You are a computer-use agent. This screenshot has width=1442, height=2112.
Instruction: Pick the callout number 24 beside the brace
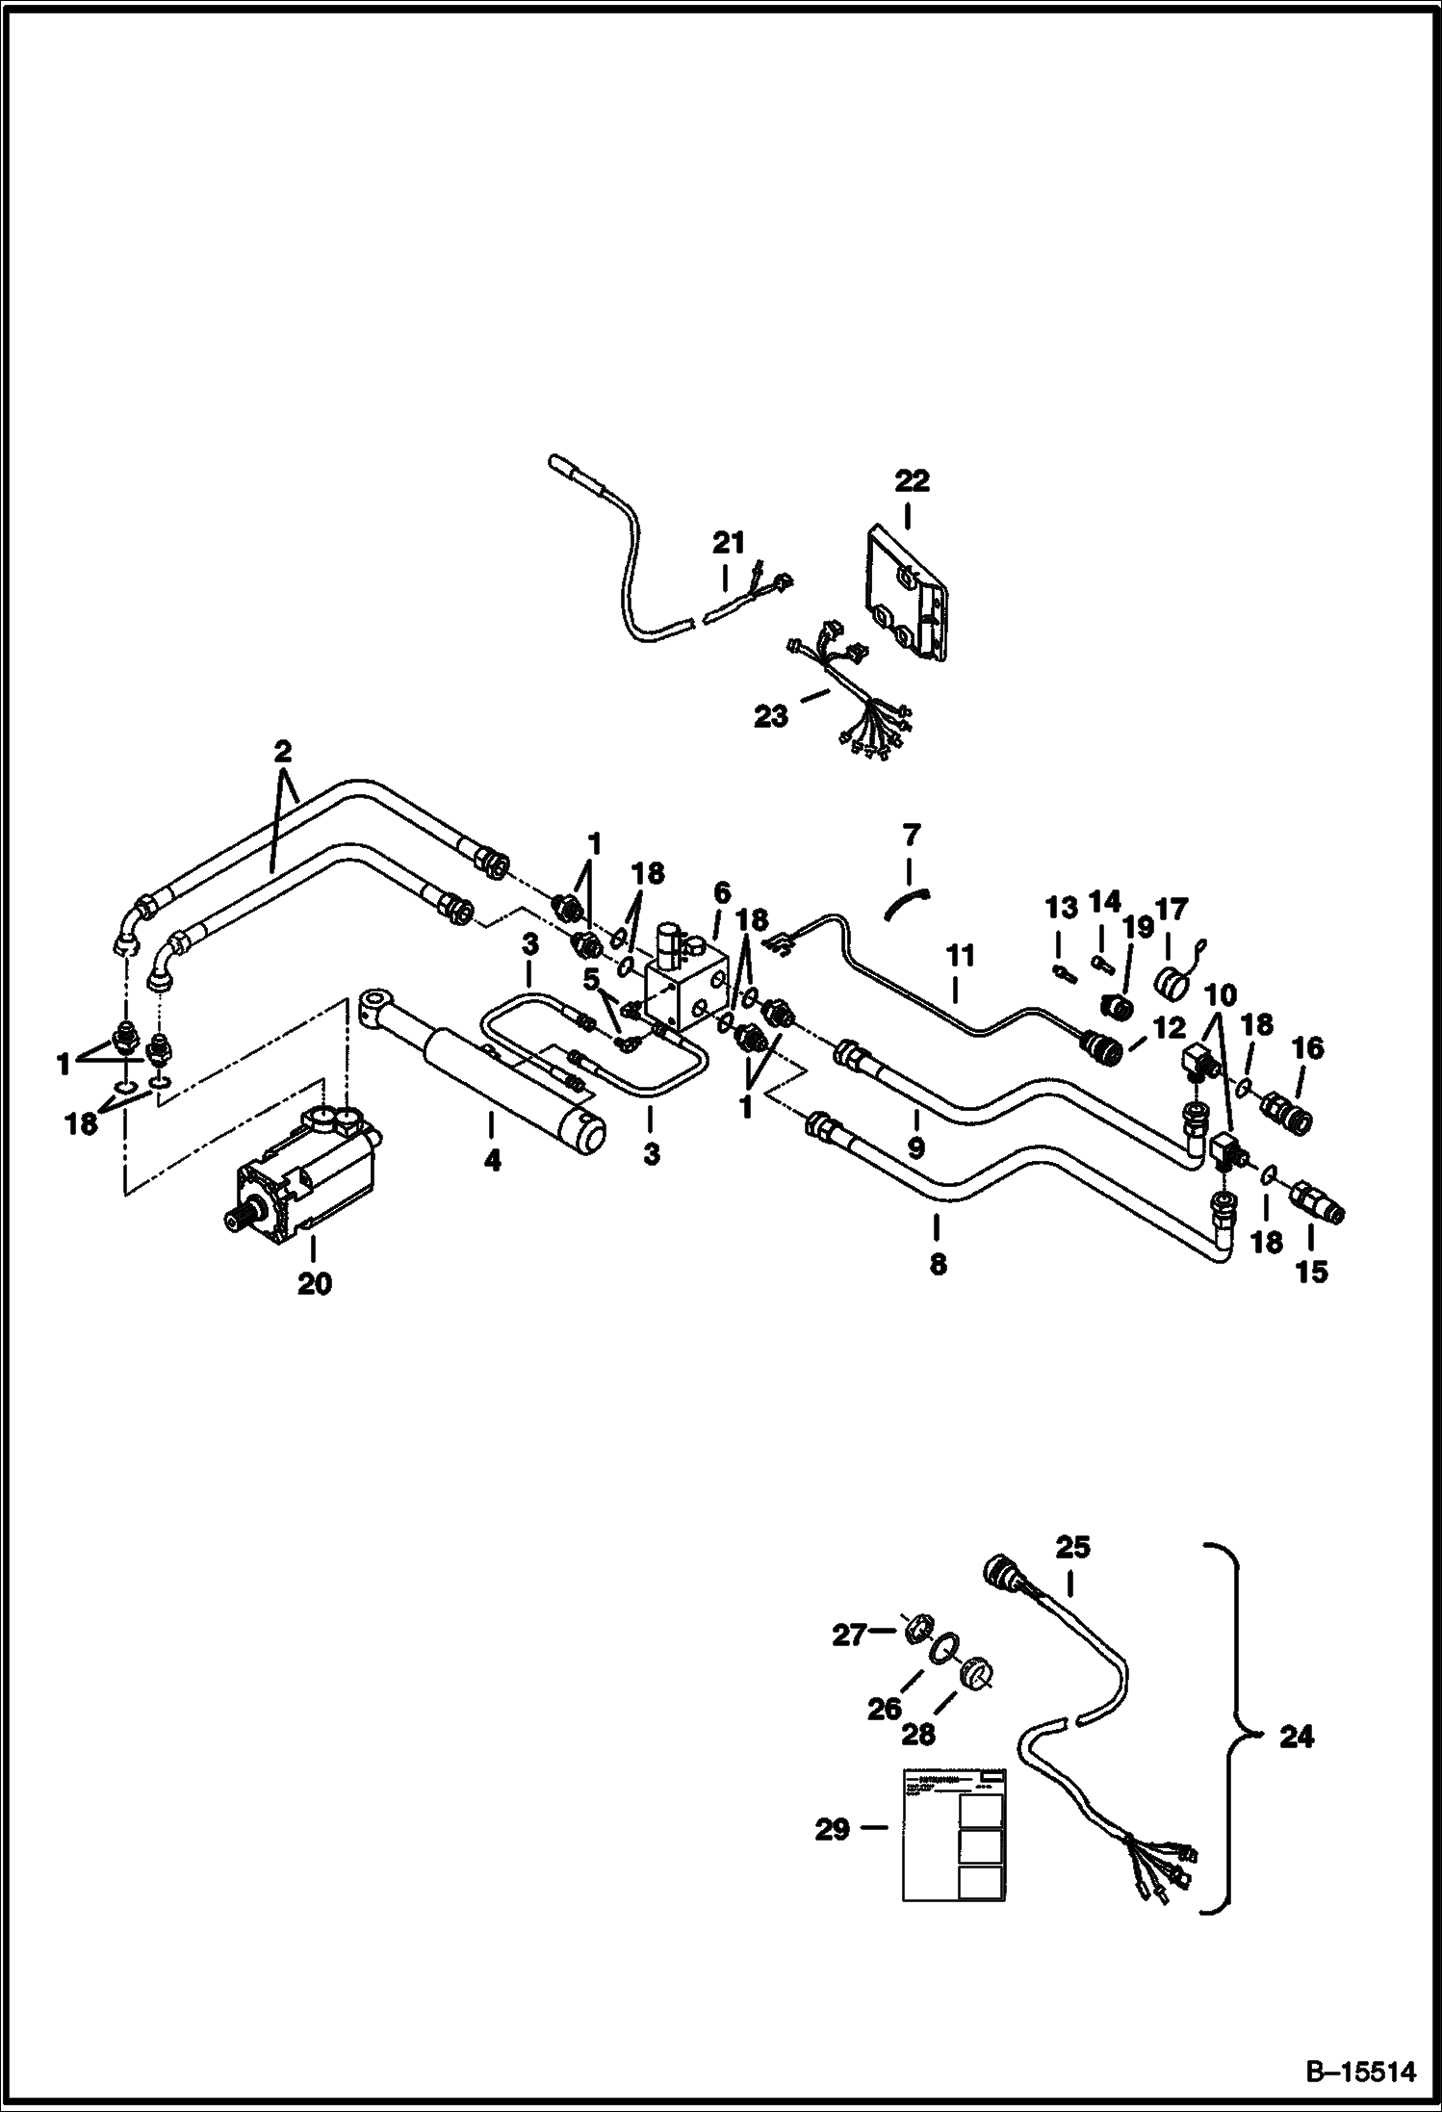coord(1297,1738)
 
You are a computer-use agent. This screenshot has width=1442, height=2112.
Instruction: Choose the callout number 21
coord(729,544)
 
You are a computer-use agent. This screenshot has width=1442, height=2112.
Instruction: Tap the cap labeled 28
coord(977,1672)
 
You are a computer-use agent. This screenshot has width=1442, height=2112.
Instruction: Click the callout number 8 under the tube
coord(939,1263)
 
